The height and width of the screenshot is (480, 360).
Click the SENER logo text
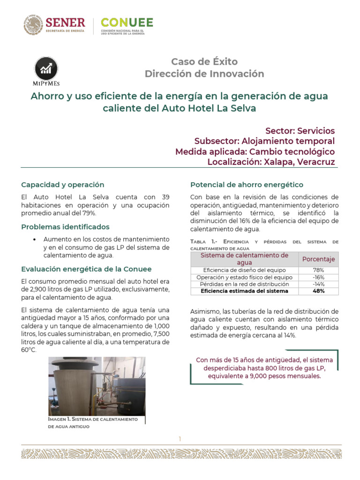pos(65,22)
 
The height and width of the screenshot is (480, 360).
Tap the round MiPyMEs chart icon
pos(46,69)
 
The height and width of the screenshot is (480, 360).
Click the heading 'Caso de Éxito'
pos(204,61)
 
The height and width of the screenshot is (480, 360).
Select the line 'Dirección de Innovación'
pos(204,74)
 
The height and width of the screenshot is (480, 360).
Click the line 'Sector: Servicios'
pos(300,130)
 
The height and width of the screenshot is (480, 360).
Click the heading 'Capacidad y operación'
pos(63,185)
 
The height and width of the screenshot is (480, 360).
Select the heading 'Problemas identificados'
pos(65,227)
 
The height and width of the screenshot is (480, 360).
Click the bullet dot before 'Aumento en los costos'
pos(35,240)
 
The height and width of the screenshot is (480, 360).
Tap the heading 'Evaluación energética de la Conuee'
pos(86,269)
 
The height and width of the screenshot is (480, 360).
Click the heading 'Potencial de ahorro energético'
pos(247,185)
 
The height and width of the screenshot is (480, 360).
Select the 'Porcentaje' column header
pos(318,259)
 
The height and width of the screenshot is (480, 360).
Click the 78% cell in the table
pos(318,270)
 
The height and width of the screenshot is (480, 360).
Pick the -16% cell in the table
pos(318,277)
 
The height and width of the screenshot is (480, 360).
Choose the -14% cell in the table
pos(318,284)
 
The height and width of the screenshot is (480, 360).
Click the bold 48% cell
pos(318,291)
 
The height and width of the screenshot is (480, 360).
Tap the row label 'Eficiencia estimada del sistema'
pos(244,291)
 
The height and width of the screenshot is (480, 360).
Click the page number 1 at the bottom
pos(180,439)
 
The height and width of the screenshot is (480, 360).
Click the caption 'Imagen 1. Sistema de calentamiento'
pos(93,419)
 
